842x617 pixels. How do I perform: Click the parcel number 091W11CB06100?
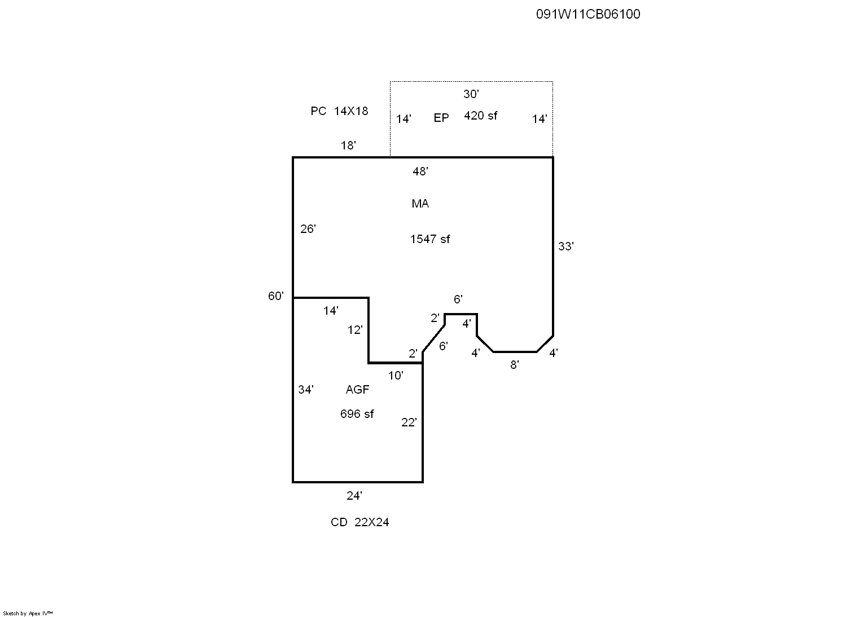tap(587, 14)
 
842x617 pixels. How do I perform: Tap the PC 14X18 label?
tap(339, 111)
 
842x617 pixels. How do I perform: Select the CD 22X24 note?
tap(359, 522)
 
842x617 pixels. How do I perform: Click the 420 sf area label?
tap(480, 116)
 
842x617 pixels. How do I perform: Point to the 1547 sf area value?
tap(429, 239)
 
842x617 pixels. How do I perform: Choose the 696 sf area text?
tap(357, 414)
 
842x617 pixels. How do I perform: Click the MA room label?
tap(420, 204)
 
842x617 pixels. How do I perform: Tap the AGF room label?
tap(357, 390)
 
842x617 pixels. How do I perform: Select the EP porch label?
tap(441, 118)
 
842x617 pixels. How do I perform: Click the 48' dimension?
tap(420, 171)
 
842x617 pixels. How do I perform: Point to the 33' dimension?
tap(565, 246)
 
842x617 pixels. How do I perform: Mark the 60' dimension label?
tap(276, 296)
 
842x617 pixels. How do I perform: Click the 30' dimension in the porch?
tap(471, 94)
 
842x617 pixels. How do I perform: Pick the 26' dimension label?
tap(308, 229)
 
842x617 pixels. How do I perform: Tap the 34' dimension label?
tap(306, 390)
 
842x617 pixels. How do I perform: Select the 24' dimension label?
tap(354, 496)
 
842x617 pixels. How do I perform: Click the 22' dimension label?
tap(409, 422)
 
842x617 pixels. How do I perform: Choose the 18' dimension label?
tap(348, 146)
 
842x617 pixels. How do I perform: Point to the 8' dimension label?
tap(514, 365)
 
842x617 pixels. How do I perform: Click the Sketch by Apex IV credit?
tap(28, 613)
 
